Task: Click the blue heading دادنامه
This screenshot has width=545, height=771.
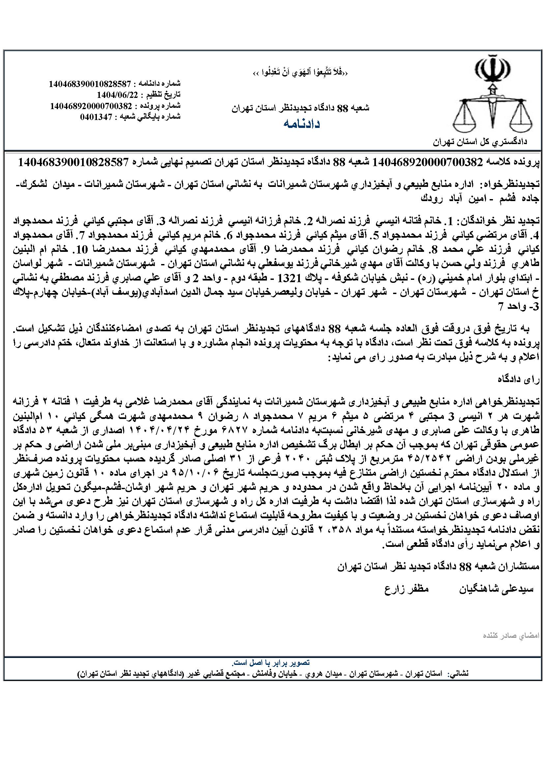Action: (x=302, y=124)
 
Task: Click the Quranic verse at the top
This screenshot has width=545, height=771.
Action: (x=301, y=74)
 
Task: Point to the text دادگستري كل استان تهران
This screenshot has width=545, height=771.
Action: (x=480, y=142)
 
